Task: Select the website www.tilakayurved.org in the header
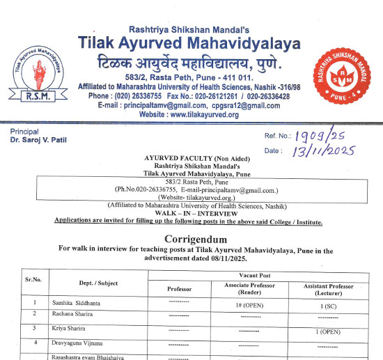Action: point(189,114)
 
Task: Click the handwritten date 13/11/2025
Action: point(325,150)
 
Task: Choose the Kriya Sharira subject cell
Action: point(70,327)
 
